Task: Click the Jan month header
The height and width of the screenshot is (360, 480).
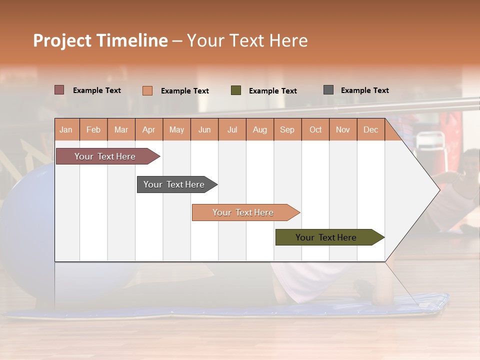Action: [x=66, y=130]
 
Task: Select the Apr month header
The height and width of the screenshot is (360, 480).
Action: [x=148, y=130]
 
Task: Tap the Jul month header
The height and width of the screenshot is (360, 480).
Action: [x=232, y=130]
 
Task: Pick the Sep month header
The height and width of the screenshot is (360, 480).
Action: [x=287, y=130]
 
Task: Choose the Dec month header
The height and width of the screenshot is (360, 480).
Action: [x=370, y=130]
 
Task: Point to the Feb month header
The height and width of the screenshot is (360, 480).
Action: [x=93, y=130]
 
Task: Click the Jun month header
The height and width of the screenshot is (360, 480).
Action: [x=204, y=130]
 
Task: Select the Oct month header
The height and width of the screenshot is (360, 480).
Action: [x=315, y=130]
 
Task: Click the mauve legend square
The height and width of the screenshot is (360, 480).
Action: [x=59, y=90]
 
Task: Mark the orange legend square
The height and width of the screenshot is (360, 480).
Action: [x=147, y=90]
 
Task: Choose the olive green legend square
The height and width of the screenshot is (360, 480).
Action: [x=236, y=90]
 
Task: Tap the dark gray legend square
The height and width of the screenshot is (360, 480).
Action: [x=328, y=90]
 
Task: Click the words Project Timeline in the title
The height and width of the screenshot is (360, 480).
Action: [x=100, y=40]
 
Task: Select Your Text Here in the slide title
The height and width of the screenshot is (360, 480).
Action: [x=247, y=40]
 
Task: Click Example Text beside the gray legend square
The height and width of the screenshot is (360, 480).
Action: [x=364, y=90]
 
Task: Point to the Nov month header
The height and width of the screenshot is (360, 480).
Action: [x=343, y=130]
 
